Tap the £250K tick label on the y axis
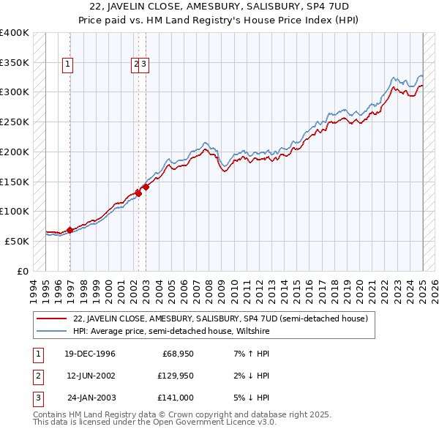click(14, 122)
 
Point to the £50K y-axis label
click(16, 241)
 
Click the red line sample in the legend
click(51, 319)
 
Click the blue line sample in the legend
click(51, 331)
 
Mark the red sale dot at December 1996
click(70, 230)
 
